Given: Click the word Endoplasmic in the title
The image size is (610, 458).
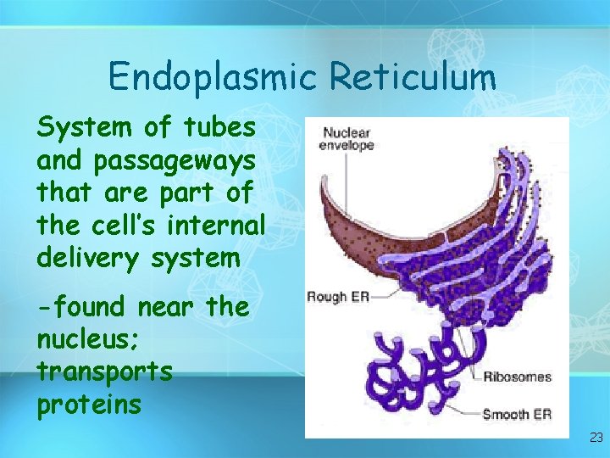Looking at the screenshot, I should pyautogui.click(x=213, y=77).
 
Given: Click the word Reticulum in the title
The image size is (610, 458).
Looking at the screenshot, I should pyautogui.click(x=413, y=77).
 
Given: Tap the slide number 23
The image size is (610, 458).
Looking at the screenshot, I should pyautogui.click(x=596, y=438).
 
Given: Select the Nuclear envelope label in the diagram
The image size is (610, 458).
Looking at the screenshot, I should pyautogui.click(x=347, y=139).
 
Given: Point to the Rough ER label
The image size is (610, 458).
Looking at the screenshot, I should pyautogui.click(x=337, y=297).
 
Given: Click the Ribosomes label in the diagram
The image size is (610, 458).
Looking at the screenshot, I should pyautogui.click(x=517, y=377).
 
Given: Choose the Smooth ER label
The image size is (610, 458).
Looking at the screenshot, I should pyautogui.click(x=517, y=415).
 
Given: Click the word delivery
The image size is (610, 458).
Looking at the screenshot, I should pyautogui.click(x=91, y=258).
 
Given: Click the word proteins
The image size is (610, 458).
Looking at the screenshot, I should pyautogui.click(x=89, y=405).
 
